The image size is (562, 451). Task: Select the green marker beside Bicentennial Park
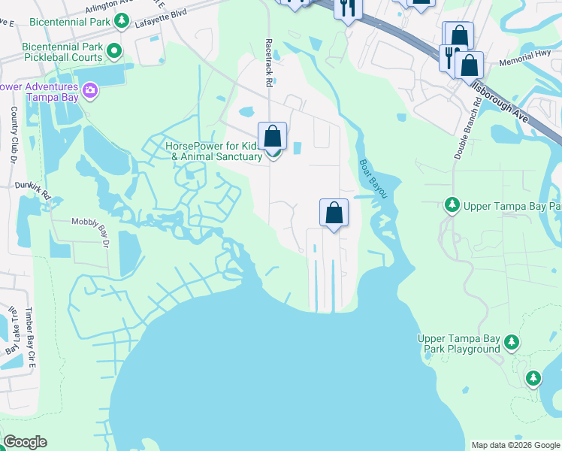[x=119, y=23]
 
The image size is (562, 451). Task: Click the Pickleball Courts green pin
[x=114, y=52]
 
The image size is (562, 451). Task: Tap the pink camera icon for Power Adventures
[x=90, y=91]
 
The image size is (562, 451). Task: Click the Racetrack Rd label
[x=268, y=64]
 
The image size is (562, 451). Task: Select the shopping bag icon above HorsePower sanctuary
[x=273, y=137]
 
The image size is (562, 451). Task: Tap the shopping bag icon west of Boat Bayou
[x=334, y=213]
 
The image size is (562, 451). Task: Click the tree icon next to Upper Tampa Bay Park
[x=452, y=205]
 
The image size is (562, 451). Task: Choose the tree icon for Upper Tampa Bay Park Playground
[x=512, y=343]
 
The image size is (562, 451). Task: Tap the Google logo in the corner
[x=25, y=442]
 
